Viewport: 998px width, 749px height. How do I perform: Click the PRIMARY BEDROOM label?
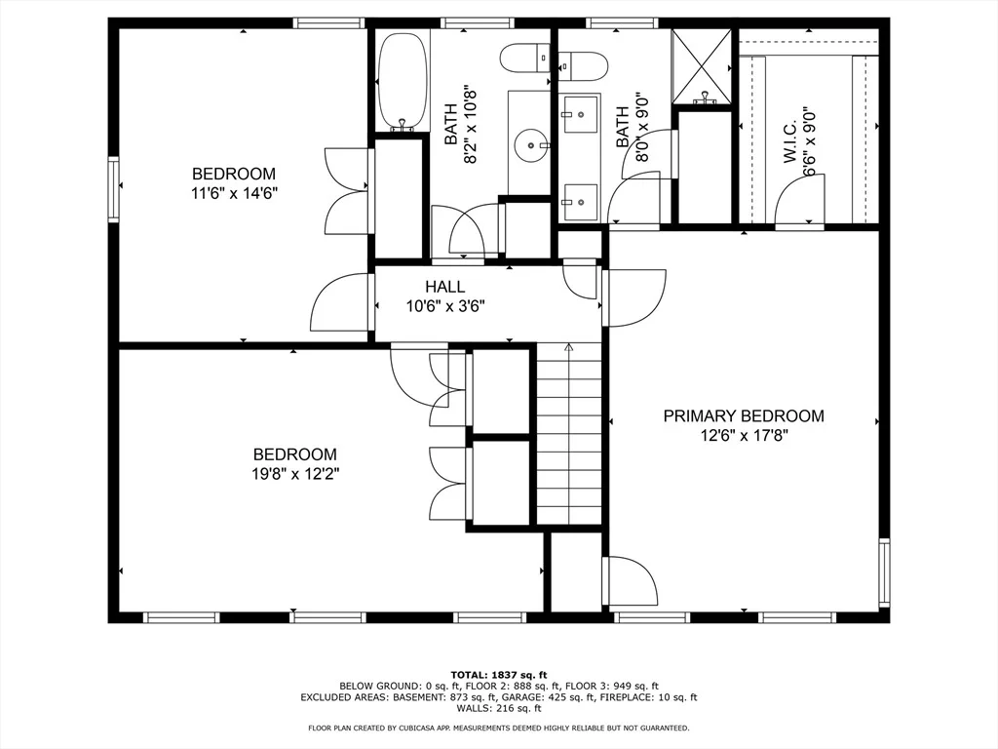click(x=744, y=415)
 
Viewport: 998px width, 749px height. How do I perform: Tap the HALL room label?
click(x=444, y=287)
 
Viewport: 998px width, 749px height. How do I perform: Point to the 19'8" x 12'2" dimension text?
click(x=294, y=474)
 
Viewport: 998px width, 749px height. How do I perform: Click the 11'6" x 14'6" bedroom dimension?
click(x=234, y=193)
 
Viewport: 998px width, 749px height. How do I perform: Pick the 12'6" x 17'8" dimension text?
click(x=744, y=436)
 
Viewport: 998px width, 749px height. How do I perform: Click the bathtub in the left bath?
click(x=402, y=82)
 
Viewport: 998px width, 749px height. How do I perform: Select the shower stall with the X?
click(x=703, y=66)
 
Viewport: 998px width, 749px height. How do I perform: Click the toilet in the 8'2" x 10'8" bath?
click(x=524, y=59)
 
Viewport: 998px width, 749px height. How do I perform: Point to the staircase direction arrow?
click(x=569, y=348)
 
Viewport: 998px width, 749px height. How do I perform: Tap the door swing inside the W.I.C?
click(x=799, y=201)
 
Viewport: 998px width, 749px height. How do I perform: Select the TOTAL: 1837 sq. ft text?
click(x=499, y=675)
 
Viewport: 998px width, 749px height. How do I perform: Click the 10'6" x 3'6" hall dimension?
click(x=445, y=307)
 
